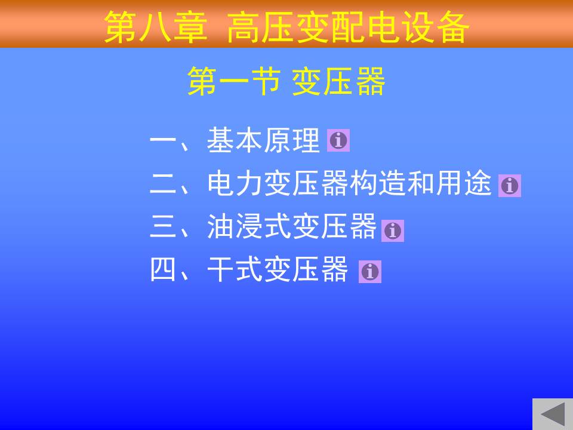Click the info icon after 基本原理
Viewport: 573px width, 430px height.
(x=338, y=140)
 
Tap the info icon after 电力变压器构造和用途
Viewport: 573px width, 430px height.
(x=509, y=186)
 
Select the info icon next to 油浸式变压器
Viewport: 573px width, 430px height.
(x=393, y=231)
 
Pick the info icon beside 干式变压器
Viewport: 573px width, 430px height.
(x=370, y=272)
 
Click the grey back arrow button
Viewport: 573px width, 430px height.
(x=553, y=414)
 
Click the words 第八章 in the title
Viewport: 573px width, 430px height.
(x=156, y=27)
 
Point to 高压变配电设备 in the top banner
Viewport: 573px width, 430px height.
(x=348, y=27)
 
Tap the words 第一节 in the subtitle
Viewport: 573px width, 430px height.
(x=234, y=82)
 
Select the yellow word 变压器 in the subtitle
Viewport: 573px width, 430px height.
(x=338, y=82)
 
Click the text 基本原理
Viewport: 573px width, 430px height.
(x=263, y=140)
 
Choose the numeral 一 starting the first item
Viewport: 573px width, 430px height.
(x=163, y=141)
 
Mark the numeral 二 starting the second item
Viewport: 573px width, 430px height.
(x=163, y=183)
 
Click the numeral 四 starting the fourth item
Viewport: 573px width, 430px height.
(x=163, y=269)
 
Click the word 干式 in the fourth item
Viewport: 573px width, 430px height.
(x=235, y=269)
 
